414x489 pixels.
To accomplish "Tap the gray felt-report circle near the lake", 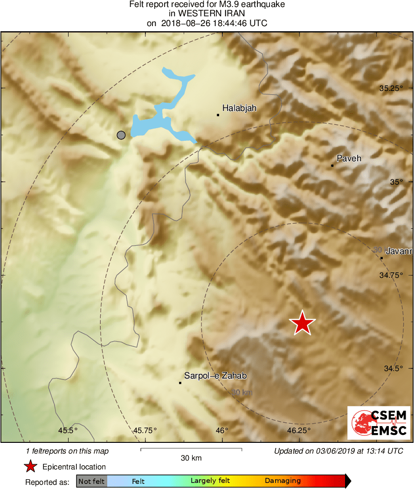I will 121,135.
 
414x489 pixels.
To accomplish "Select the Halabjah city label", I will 239,108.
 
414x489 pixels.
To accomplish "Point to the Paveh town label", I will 349,158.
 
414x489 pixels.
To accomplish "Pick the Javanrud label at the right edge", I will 399,252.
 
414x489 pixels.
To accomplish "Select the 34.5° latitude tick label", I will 393,368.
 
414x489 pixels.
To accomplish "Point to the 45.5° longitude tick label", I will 68,430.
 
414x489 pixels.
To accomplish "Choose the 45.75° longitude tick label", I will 145,430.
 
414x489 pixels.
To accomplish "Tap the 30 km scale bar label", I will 191,458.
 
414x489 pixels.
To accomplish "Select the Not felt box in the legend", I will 91,481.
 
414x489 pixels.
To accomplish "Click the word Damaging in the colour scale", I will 283,481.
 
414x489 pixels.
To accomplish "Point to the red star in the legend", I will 30,466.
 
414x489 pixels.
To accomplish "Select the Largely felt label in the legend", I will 210,481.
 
